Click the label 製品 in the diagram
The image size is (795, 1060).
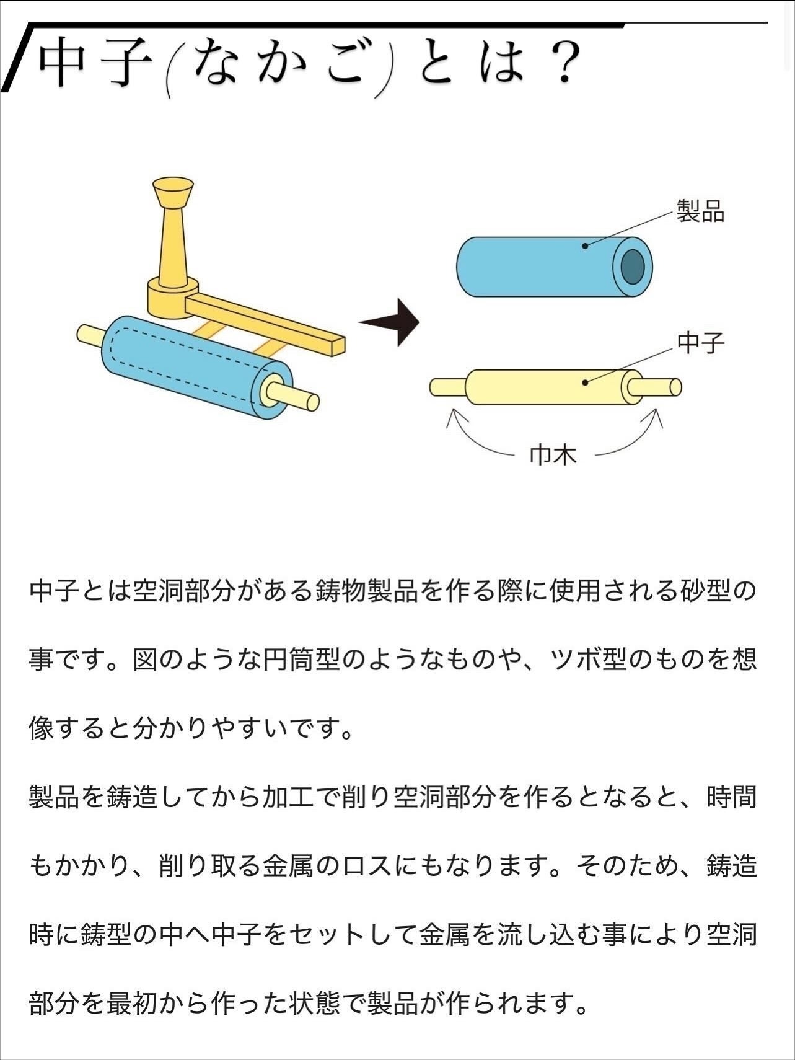pos(700,211)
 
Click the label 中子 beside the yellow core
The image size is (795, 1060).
pos(700,343)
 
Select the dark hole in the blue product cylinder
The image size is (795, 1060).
pos(633,267)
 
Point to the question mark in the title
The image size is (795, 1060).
pos(563,64)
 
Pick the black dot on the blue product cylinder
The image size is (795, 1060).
pos(585,246)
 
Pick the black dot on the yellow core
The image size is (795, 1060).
pos(585,382)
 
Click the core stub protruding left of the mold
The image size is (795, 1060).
pos(90,335)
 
